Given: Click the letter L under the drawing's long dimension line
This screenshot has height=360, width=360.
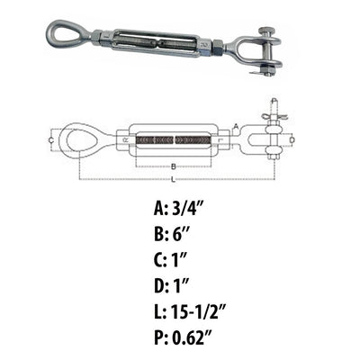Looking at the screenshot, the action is click(173, 180).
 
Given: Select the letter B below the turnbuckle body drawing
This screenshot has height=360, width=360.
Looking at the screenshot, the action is click(173, 166).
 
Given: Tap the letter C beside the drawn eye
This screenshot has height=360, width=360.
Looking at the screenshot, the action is click(51, 140).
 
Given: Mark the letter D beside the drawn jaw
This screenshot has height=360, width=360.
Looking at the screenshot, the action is click(292, 139).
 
